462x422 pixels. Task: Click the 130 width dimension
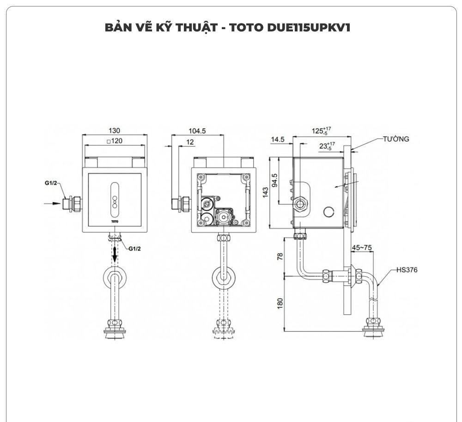coord(115,131)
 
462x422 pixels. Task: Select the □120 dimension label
coord(114,141)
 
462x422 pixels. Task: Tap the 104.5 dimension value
coord(197,131)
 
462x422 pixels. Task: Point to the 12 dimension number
coord(190,142)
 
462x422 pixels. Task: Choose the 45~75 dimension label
coord(361,248)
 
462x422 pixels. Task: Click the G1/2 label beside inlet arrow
coord(52,183)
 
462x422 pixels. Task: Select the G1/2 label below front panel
coord(134,248)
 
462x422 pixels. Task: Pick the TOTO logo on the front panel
coord(115,221)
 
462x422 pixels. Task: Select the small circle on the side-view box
coord(329,212)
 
